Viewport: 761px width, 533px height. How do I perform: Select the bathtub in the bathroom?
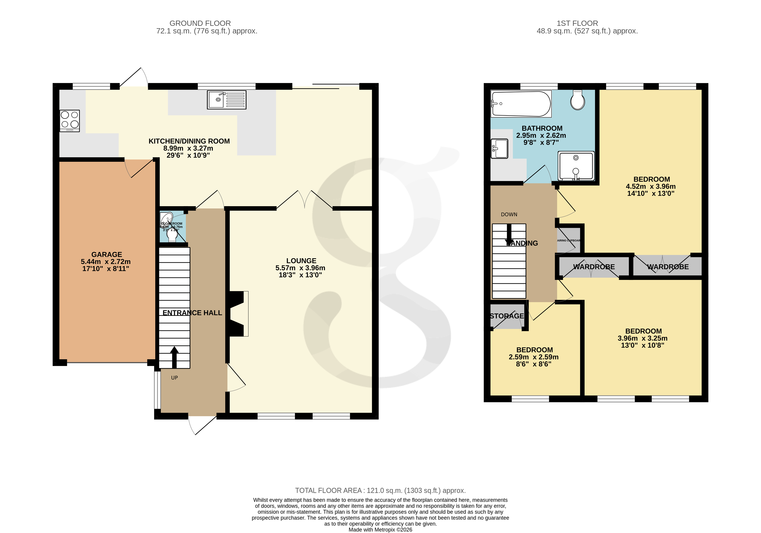(x=521, y=104)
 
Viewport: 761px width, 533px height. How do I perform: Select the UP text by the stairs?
(x=174, y=378)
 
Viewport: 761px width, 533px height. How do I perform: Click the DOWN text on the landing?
(x=509, y=215)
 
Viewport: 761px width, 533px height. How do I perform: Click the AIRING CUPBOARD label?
(x=568, y=240)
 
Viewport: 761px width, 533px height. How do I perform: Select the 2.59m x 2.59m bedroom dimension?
(x=533, y=357)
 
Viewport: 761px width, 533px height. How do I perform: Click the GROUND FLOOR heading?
(x=200, y=23)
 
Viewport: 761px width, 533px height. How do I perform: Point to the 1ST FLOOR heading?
(x=577, y=23)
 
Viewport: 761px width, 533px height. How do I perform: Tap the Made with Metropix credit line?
(x=380, y=530)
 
